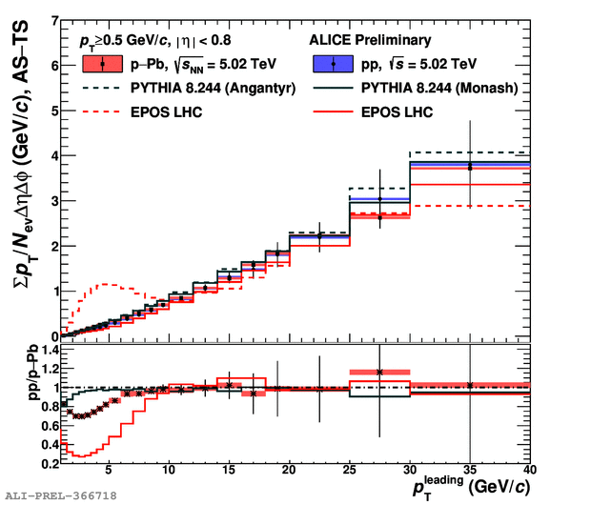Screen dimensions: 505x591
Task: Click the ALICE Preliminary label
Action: tap(372, 41)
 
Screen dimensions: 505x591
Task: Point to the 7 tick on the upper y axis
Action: tap(54, 20)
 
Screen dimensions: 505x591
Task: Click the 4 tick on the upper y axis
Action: tap(54, 155)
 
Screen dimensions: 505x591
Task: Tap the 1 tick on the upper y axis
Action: tap(54, 292)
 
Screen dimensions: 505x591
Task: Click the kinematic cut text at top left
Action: tap(154, 41)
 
